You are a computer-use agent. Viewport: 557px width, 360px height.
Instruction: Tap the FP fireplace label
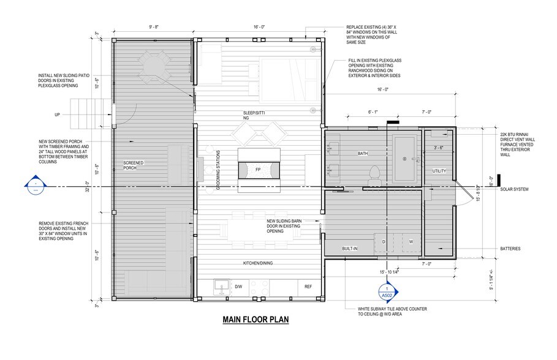[x=258, y=168]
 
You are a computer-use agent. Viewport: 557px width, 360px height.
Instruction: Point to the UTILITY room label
[x=439, y=170]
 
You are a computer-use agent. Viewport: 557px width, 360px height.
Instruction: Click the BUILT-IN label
[x=350, y=249]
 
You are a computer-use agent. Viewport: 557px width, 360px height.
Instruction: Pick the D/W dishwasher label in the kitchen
[x=239, y=286]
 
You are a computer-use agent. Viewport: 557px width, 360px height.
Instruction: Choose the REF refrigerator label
[x=308, y=286]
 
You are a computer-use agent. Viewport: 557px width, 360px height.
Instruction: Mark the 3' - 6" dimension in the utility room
[x=439, y=148]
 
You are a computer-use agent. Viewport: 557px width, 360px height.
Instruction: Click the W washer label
[x=411, y=241]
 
